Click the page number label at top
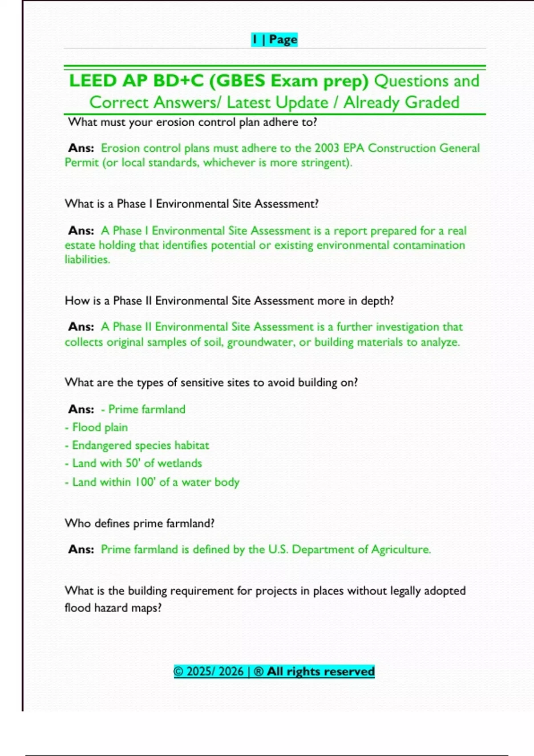point(274,40)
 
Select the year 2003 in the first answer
point(327,148)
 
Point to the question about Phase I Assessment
point(191,204)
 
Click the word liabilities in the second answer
point(87,260)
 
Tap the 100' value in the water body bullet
point(145,482)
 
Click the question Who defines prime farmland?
point(139,523)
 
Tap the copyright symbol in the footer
point(178,672)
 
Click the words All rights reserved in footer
point(320,672)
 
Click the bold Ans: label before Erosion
point(81,148)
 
